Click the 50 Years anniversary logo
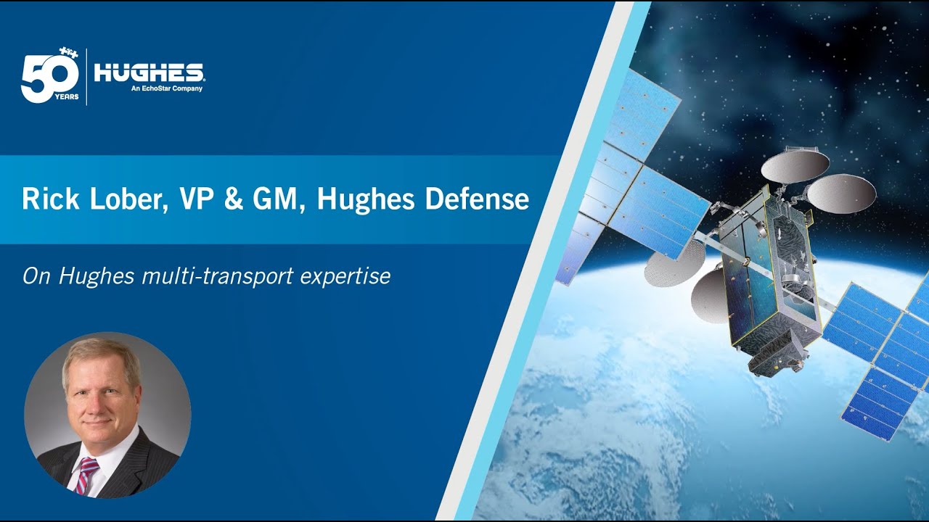pyautogui.click(x=50, y=75)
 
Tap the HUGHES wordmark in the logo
pyautogui.click(x=149, y=73)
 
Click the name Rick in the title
pyautogui.click(x=51, y=199)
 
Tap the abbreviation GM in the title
pyautogui.click(x=279, y=199)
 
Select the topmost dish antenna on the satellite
pyautogui.click(x=790, y=164)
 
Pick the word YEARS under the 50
pyautogui.click(x=66, y=97)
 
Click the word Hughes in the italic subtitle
pyautogui.click(x=97, y=276)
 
